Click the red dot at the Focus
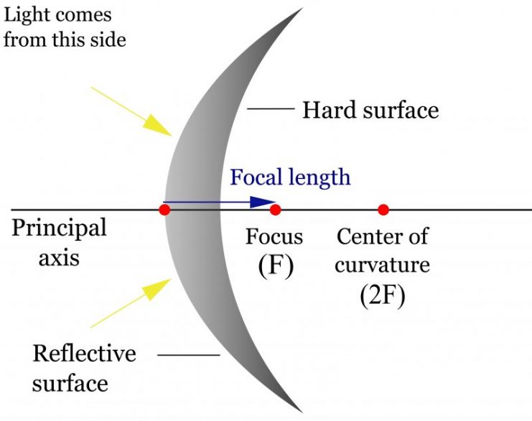tap(275, 210)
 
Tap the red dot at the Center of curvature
tap(383, 210)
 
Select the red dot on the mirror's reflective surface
tap(164, 210)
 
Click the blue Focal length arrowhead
tap(261, 202)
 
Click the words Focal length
tap(290, 177)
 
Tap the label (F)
tap(276, 266)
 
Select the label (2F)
tap(383, 295)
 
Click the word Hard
tap(330, 110)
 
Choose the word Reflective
tap(85, 353)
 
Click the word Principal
tap(60, 228)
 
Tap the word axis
tap(59, 258)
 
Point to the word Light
tap(26, 16)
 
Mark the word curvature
tap(383, 265)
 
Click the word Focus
tap(274, 236)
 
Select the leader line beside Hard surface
tap(271, 109)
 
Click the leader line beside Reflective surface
tap(189, 355)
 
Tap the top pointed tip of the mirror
tap(302, 8)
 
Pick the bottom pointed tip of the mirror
tap(302, 412)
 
